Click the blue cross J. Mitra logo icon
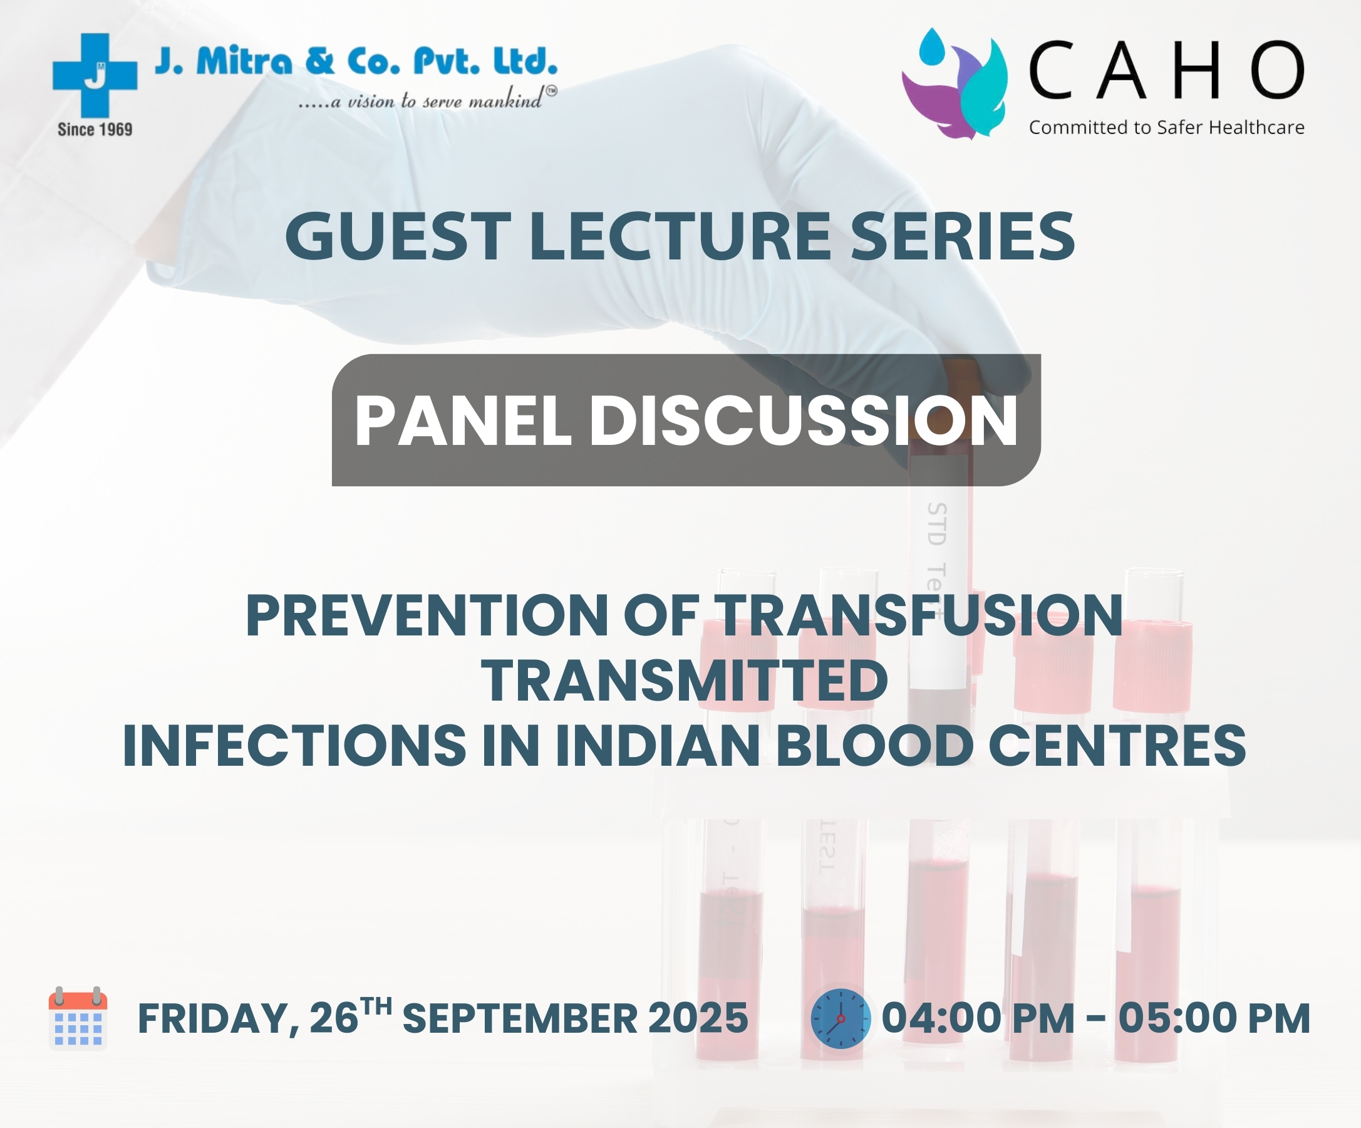pos(95,75)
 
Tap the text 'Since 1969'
pos(95,130)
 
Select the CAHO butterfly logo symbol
pos(954,83)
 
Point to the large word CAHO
pos(1167,70)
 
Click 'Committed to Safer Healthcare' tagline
pos(1167,128)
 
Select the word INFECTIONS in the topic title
pos(294,746)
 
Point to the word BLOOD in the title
pos(875,746)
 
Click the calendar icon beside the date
pos(78,1018)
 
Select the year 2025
pos(698,1018)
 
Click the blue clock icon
pos(841,1018)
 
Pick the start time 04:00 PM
pos(978,1018)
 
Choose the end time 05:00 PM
pos(1214,1018)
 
